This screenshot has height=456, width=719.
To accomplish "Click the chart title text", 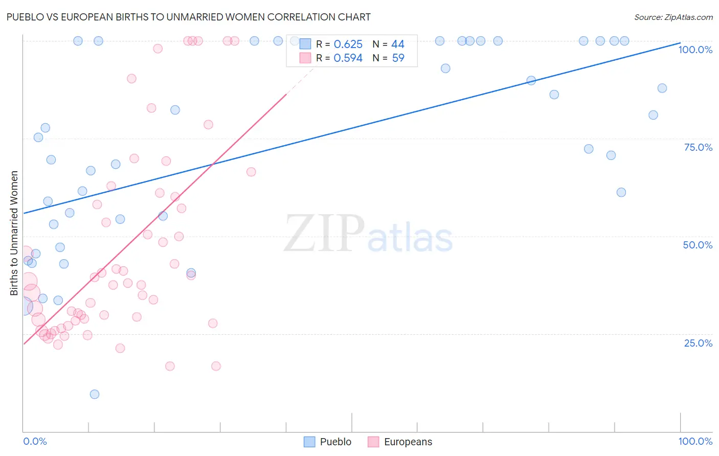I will [189, 17].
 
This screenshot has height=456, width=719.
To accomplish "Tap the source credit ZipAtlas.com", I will [673, 17].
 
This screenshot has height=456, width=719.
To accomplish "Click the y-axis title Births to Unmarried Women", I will [14, 233].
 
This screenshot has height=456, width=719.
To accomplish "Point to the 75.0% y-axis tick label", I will [698, 147].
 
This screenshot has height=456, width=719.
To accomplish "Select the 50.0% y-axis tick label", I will [698, 245].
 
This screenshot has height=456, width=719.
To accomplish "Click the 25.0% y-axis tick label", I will [698, 343].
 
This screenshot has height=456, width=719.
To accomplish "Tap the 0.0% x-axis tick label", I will [35, 441].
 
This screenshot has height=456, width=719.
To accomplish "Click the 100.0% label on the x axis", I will [695, 441].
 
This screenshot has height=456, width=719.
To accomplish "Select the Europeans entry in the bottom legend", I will [400, 442].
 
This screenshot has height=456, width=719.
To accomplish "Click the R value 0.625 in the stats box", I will [348, 44].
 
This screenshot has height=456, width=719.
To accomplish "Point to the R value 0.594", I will [348, 58].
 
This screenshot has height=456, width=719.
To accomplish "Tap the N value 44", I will [397, 44].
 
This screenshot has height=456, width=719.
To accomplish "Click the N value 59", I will [398, 58].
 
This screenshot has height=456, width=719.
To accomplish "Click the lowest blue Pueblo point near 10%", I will [95, 394].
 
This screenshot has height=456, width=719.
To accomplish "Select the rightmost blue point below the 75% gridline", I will [621, 192].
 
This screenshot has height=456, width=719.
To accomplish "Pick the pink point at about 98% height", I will [158, 49].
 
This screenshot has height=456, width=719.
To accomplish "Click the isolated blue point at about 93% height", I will [445, 69].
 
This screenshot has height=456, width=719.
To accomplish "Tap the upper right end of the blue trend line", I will [679, 43].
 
